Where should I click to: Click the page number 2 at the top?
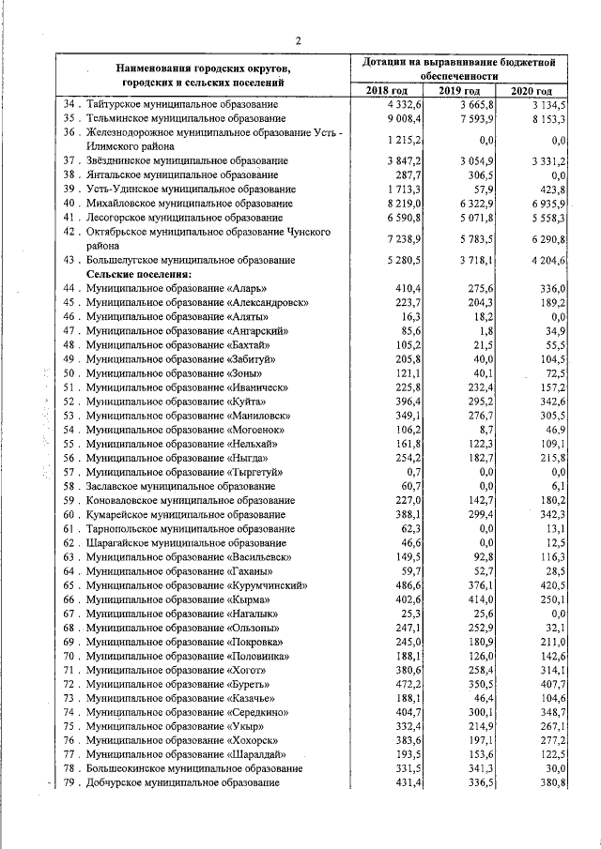coord(298,39)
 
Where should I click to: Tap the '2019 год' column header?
coord(461,90)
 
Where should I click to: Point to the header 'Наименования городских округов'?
coord(204,68)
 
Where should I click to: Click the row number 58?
coord(69,486)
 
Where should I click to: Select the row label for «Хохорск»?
coord(183,739)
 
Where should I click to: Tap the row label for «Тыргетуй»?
coord(183,472)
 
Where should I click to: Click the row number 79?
coord(69,782)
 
